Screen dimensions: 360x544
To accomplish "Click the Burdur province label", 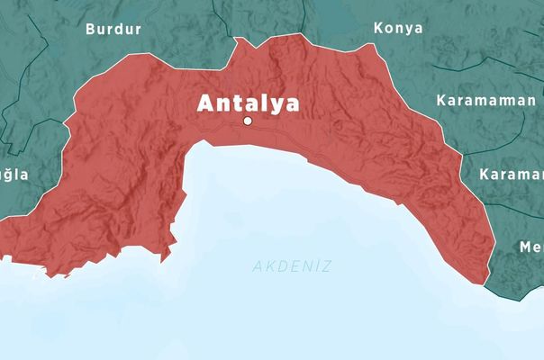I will click(113, 29).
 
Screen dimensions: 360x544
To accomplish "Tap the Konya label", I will click(398, 28).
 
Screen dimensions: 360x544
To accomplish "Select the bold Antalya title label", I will click(248, 103).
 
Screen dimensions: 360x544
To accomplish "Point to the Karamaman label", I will click(485, 100).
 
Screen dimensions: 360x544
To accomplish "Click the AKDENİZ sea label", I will click(293, 266).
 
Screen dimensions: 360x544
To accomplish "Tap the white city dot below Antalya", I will click(248, 121).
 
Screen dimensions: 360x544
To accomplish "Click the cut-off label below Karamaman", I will click(511, 174).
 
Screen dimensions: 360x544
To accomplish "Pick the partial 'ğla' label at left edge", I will click(14, 175).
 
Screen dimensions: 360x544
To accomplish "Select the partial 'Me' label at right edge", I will click(530, 247).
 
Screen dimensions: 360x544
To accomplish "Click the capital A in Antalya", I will click(206, 103).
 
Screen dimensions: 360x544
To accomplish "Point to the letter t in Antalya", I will click(236, 103).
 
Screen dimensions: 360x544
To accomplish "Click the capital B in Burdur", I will click(91, 29).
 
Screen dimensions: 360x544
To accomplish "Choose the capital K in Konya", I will click(379, 28).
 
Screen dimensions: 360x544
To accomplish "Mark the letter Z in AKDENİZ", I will click(327, 266).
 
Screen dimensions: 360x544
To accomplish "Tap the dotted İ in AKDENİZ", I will click(316, 265).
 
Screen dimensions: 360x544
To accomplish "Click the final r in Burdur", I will click(138, 29).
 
